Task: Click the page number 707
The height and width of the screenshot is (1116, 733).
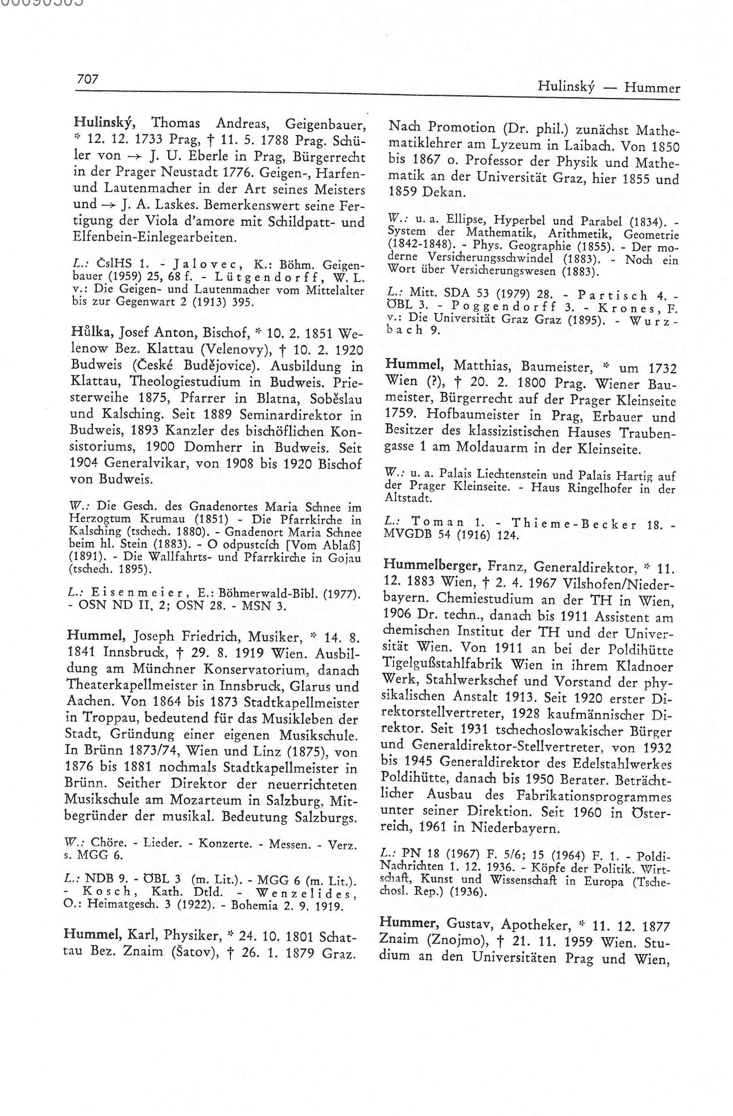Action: tap(88, 79)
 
